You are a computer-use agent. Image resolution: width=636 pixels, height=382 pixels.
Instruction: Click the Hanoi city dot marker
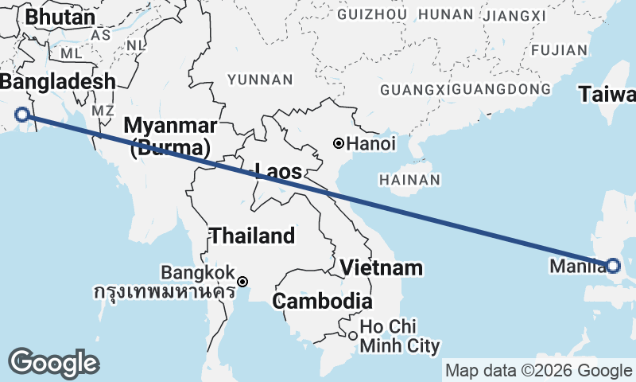[x=339, y=144]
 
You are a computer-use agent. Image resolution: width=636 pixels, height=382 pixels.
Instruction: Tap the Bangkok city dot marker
[x=242, y=282]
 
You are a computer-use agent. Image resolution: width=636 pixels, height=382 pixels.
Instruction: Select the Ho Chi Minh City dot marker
[x=353, y=335]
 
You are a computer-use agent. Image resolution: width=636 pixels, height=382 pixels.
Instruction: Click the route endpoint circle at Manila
[x=613, y=266]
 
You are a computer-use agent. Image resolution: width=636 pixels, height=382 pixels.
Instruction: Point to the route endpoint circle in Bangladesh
[x=22, y=115]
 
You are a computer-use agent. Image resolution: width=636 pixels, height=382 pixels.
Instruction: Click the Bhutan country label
[x=60, y=17]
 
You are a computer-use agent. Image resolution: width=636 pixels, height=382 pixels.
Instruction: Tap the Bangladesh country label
[x=57, y=81]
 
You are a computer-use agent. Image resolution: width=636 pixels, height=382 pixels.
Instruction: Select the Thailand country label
[x=252, y=236]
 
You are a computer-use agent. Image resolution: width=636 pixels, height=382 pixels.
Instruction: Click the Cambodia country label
[x=322, y=302]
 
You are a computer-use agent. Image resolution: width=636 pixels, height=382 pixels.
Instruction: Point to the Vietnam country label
[x=381, y=267]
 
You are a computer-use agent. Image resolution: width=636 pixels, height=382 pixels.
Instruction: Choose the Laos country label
[x=278, y=170]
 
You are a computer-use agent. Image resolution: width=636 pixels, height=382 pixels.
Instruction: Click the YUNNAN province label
[x=260, y=80]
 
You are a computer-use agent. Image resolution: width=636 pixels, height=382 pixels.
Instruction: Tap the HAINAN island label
[x=409, y=181]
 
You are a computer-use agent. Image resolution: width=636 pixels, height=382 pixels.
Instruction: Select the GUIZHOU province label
[x=373, y=14]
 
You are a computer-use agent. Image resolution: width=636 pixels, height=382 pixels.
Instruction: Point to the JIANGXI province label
[x=514, y=16]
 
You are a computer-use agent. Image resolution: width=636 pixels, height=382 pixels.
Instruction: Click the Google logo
[x=53, y=363]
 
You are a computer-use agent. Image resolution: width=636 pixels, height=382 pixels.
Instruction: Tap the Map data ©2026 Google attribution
[x=538, y=370]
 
